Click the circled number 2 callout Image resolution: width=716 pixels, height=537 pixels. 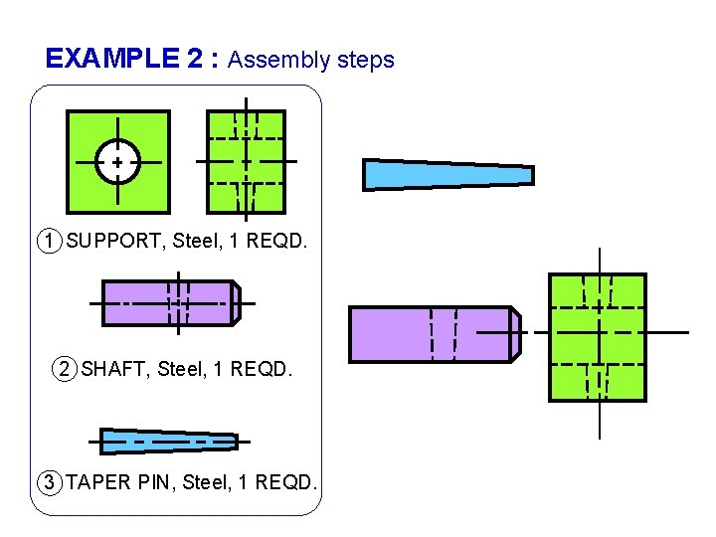[x=65, y=370]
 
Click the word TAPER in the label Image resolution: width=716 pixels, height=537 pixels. [x=98, y=483]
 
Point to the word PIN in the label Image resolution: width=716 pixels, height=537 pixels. [x=154, y=483]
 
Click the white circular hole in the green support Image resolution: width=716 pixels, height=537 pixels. [x=117, y=161]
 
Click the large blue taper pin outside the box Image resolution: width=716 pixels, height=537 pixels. [x=447, y=174]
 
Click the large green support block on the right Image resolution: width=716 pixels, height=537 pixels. [x=598, y=338]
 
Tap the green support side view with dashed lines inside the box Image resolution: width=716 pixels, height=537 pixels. [x=245, y=161]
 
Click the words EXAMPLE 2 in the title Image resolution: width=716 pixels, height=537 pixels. [x=126, y=59]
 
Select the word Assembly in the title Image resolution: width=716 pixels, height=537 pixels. [x=278, y=60]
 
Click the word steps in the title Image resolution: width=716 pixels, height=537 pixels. [x=365, y=60]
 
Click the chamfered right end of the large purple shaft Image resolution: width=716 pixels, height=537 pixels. [x=515, y=334]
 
